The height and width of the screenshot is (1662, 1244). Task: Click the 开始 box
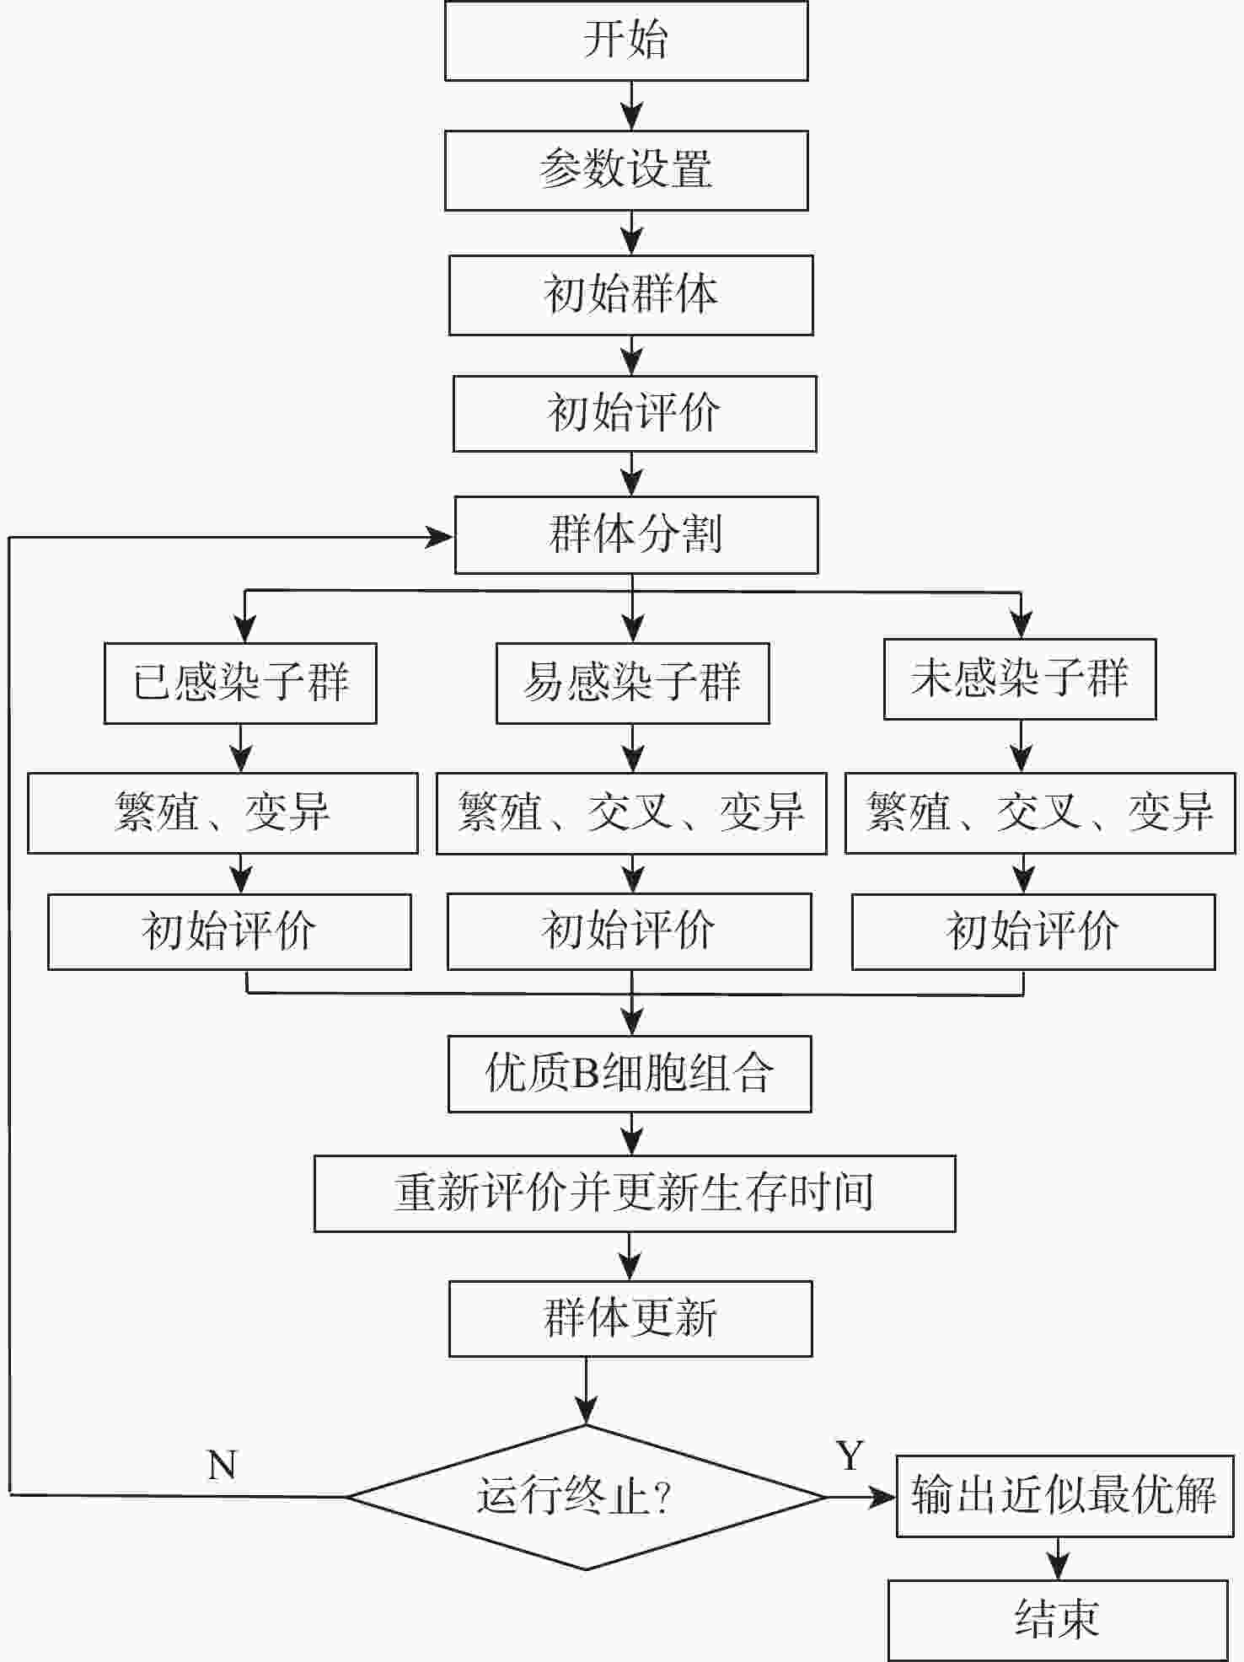click(626, 40)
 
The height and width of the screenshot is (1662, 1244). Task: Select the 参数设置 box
click(626, 170)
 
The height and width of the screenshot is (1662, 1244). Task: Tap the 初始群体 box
click(630, 295)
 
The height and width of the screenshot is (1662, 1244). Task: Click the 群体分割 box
click(635, 535)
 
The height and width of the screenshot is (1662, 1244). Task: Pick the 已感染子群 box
click(240, 683)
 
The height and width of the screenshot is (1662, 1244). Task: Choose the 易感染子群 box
click(632, 683)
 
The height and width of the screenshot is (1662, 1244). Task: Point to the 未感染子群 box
click(1019, 679)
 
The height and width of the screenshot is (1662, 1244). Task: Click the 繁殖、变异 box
click(223, 813)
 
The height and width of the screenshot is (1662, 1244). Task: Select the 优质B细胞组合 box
click(630, 1074)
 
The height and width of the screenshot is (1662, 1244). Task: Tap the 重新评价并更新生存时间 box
click(635, 1193)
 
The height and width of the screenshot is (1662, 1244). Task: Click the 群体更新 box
click(630, 1319)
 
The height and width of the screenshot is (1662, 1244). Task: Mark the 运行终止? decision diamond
click(586, 1497)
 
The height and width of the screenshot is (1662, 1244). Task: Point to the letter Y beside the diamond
click(850, 1456)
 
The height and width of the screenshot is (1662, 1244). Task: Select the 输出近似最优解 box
click(1064, 1496)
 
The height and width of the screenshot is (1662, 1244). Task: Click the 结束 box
click(1057, 1619)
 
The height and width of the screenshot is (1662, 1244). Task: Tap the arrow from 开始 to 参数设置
click(631, 106)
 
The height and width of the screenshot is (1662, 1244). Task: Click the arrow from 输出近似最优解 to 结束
click(1058, 1558)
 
